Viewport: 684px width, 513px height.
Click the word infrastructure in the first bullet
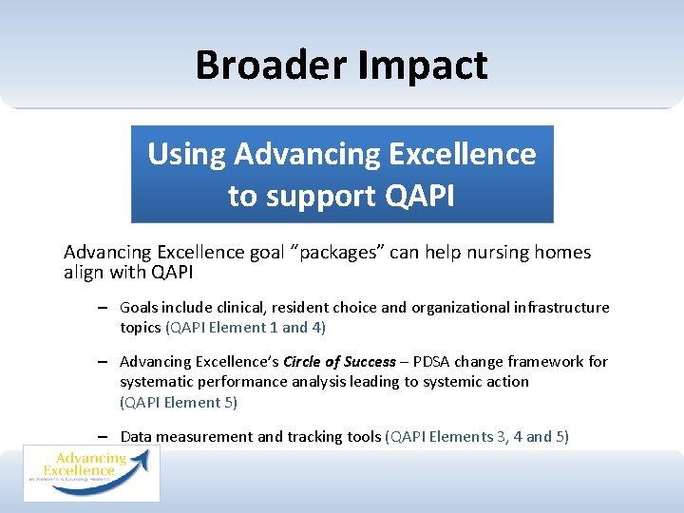pos(557,308)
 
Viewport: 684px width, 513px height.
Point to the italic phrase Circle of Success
pos(339,362)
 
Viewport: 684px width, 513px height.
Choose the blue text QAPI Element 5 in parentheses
pos(179,402)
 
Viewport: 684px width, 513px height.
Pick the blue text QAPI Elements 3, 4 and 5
pos(477,437)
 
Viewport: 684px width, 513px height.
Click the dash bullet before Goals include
pos(101,308)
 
